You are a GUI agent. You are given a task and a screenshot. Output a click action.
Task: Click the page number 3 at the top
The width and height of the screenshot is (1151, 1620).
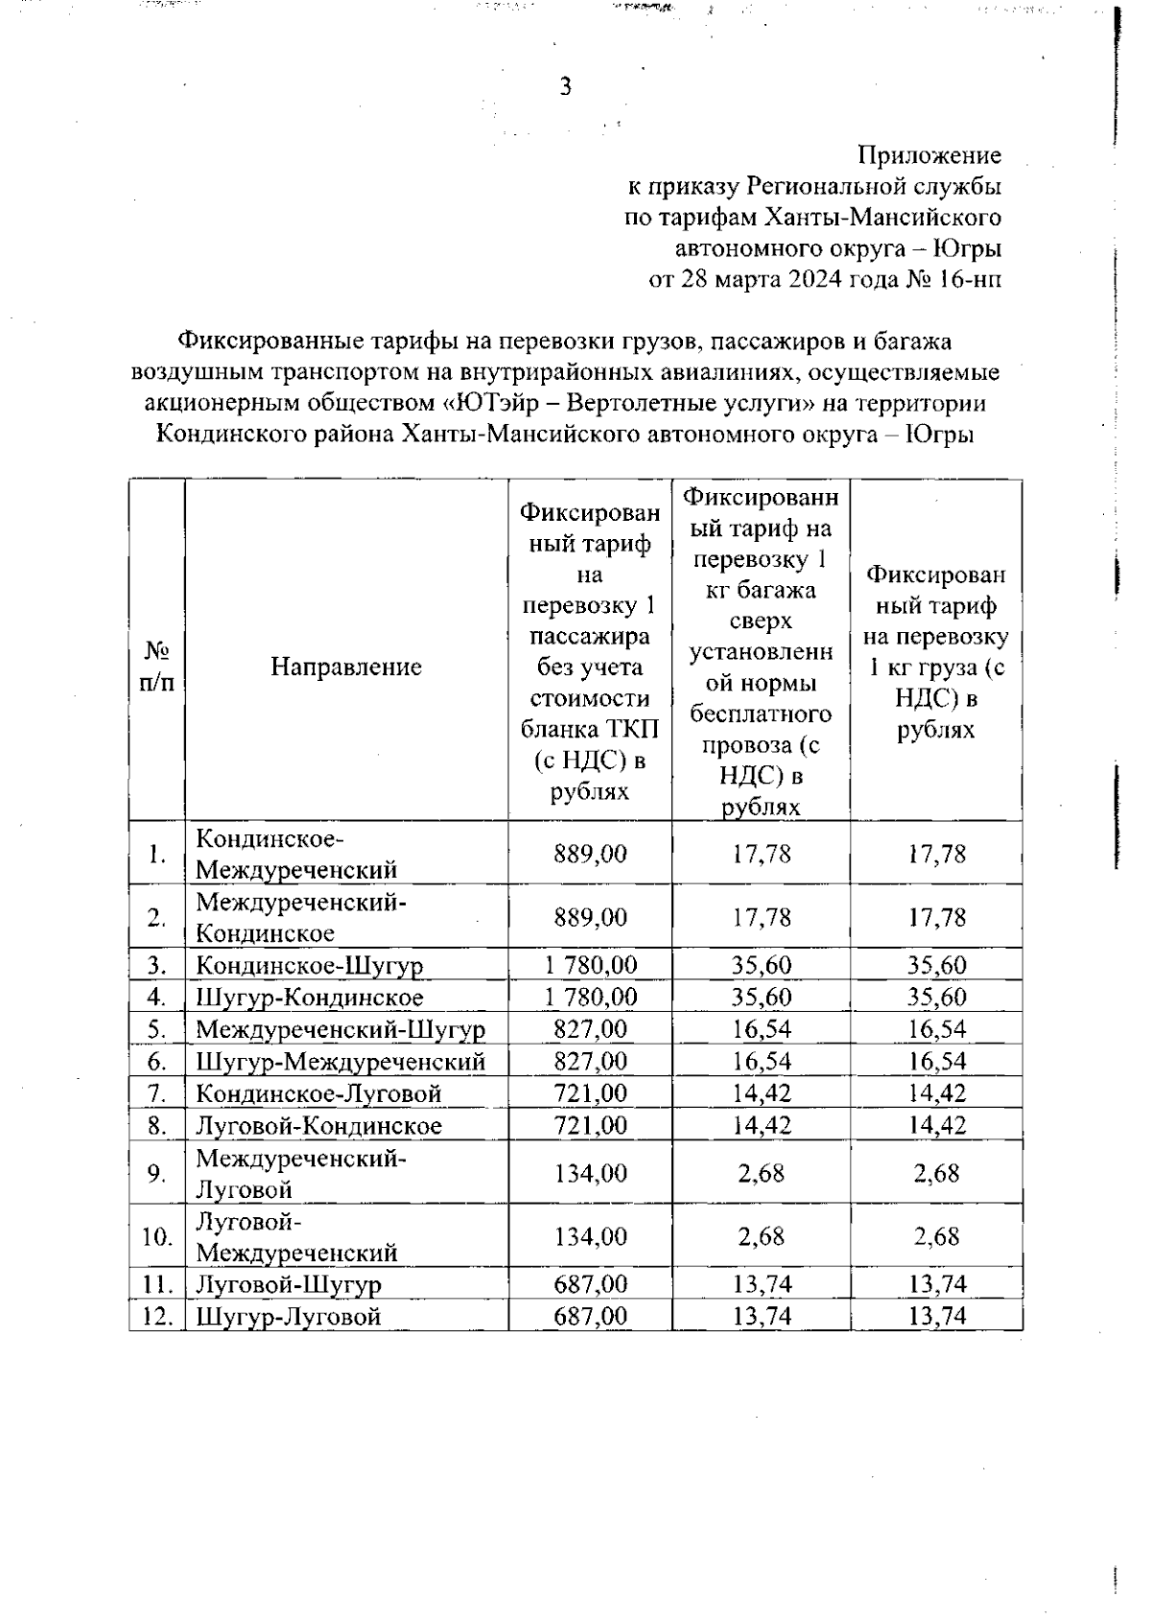(565, 87)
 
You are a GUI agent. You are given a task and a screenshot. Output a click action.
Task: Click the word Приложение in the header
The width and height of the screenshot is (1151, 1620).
(929, 155)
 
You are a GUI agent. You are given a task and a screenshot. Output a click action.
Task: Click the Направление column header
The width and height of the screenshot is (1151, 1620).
(345, 667)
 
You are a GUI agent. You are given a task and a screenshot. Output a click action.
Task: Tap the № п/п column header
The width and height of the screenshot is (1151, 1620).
(156, 667)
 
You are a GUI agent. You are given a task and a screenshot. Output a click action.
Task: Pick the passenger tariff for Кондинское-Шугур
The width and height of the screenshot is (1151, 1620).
(590, 965)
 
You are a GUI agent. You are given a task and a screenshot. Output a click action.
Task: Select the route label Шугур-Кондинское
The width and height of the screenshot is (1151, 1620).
(309, 998)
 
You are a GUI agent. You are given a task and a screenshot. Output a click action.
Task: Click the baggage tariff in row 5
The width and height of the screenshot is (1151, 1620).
(762, 1029)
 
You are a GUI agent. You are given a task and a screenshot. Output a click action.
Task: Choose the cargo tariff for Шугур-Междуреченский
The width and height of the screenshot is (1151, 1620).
(937, 1061)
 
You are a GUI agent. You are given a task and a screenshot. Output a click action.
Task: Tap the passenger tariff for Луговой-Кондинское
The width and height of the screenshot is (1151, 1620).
(590, 1125)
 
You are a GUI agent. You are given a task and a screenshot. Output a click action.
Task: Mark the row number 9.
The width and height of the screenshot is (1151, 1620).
(156, 1173)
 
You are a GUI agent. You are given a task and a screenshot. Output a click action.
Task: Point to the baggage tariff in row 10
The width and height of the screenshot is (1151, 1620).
(762, 1236)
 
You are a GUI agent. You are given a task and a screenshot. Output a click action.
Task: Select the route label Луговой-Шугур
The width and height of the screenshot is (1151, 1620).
(289, 1284)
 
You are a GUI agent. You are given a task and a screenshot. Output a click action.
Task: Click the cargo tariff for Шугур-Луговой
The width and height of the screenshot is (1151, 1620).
(937, 1316)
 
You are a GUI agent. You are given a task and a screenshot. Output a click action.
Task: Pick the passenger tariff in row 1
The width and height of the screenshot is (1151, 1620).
(590, 854)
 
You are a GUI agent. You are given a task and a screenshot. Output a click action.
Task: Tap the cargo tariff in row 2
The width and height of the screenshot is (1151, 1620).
(937, 918)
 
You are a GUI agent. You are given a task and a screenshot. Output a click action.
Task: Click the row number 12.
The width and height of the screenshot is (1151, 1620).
(156, 1316)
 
